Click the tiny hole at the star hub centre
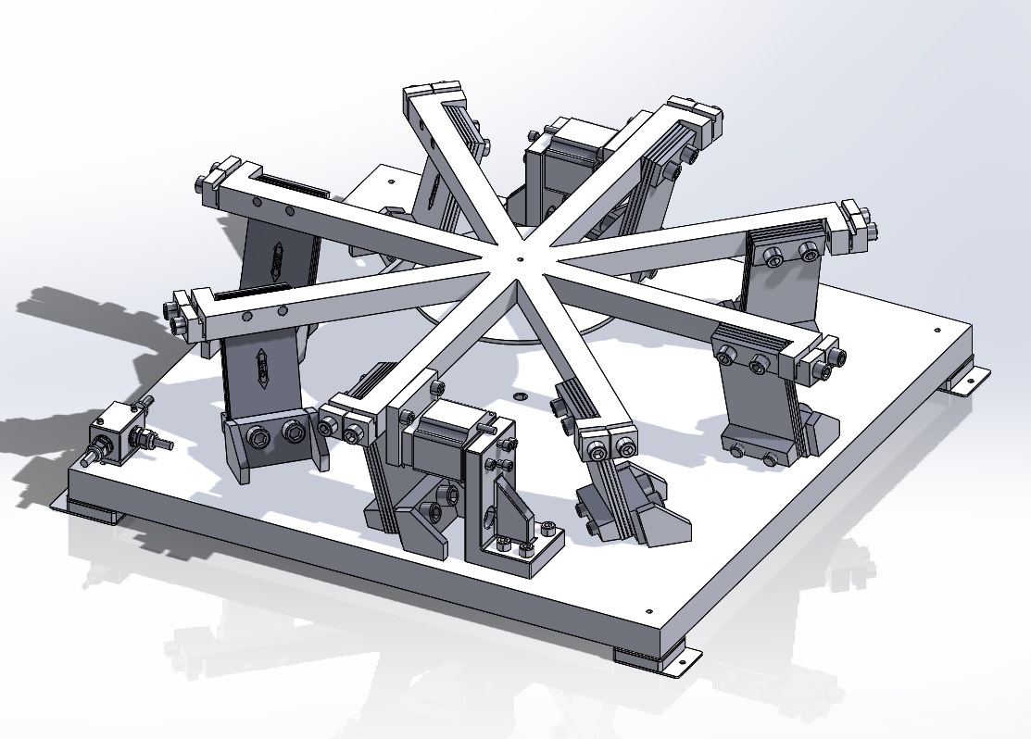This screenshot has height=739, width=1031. coord(522,261)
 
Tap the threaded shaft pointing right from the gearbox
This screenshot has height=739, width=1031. coord(159,444)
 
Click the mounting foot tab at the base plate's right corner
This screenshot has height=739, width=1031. coord(967,382)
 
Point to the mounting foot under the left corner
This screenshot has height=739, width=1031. coord(91,509)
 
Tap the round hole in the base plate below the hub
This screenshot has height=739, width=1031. coord(520,395)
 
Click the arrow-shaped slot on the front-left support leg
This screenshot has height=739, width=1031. coord(263,368)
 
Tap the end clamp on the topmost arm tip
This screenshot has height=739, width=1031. coord(433,94)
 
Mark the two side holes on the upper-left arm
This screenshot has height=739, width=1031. coord(281,212)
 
